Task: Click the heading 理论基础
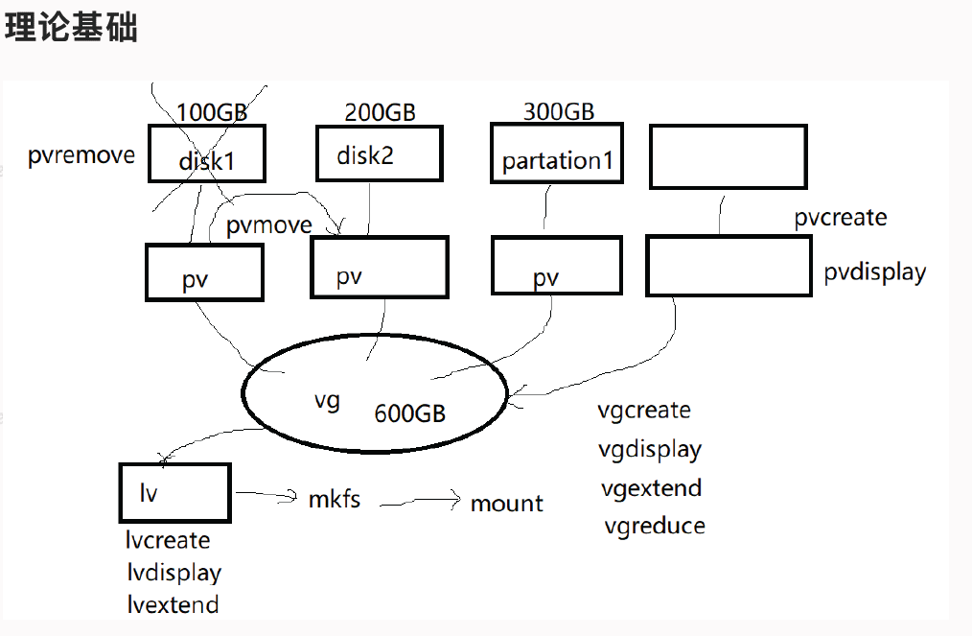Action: [72, 27]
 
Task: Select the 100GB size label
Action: [212, 113]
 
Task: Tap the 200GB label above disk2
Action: [380, 113]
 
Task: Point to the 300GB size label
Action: [558, 112]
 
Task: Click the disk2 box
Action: [379, 154]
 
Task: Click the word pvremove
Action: [81, 155]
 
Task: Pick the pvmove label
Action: [269, 225]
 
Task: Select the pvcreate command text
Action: [841, 218]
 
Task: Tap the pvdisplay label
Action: [875, 272]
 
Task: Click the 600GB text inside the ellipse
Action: [410, 413]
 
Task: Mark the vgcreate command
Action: [644, 411]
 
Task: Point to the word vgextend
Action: [652, 488]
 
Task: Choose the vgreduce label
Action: [655, 526]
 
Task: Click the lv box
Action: [174, 493]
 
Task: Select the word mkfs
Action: [335, 500]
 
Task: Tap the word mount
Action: [506, 504]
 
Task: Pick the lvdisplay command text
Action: [174, 573]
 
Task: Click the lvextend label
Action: [173, 604]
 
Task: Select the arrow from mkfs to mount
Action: [419, 501]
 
